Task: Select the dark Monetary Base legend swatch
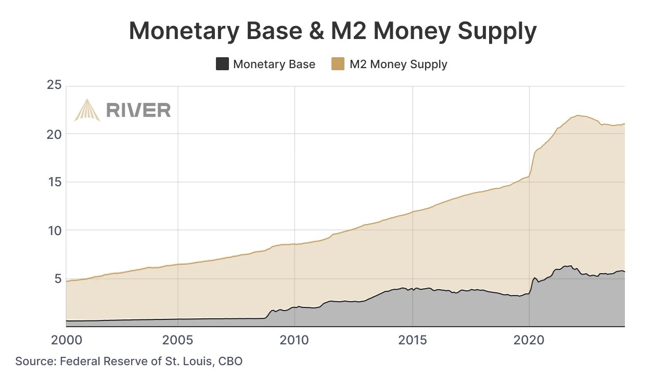pyautogui.click(x=222, y=64)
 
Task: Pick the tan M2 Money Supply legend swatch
pyautogui.click(x=338, y=64)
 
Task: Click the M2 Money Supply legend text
pyautogui.click(x=398, y=65)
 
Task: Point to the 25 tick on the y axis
pyautogui.click(x=54, y=85)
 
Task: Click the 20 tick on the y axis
pyautogui.click(x=54, y=134)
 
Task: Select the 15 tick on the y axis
pyautogui.click(x=54, y=182)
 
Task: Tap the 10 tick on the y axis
pyautogui.click(x=54, y=230)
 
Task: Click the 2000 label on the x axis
pyautogui.click(x=66, y=340)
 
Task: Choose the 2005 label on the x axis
pyautogui.click(x=178, y=340)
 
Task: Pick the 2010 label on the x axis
pyautogui.click(x=295, y=340)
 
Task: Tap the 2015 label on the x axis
pyautogui.click(x=413, y=340)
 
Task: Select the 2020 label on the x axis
pyautogui.click(x=529, y=340)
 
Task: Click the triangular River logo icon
pyautogui.click(x=87, y=110)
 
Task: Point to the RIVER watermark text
pyautogui.click(x=138, y=110)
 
